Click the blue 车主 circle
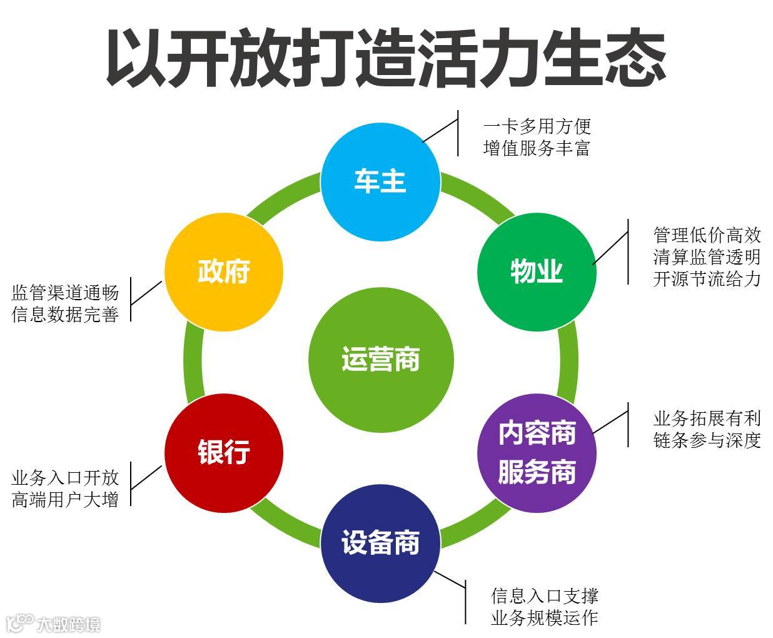(380, 181)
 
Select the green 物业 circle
(537, 272)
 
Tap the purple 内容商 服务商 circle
(537, 453)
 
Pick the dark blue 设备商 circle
(380, 543)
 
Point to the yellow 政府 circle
(224, 272)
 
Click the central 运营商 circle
(380, 360)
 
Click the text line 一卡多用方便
(537, 126)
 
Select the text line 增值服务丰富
(537, 148)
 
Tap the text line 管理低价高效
(707, 235)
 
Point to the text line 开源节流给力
(707, 278)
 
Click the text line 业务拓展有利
(707, 417)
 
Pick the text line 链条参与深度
(707, 440)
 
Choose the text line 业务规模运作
(545, 618)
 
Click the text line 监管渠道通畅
(65, 292)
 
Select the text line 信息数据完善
(65, 314)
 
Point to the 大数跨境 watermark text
(68, 624)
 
